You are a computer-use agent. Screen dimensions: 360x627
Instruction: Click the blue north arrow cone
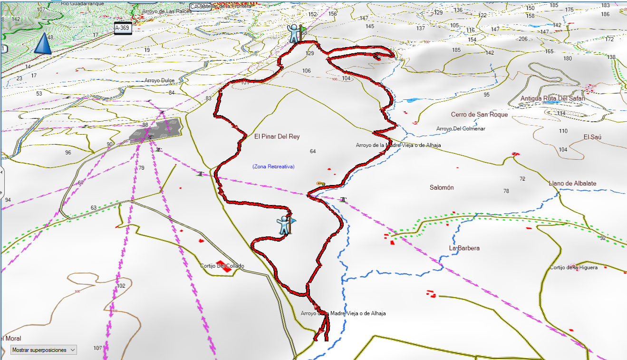tap(43, 43)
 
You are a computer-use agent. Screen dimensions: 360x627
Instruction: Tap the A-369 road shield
tap(122, 28)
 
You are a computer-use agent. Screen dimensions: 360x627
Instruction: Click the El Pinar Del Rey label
tap(277, 136)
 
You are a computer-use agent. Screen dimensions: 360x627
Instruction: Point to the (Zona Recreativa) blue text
tap(273, 166)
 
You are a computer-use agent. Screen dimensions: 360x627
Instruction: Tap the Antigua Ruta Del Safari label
tap(552, 98)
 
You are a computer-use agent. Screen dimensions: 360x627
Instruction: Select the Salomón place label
tap(442, 187)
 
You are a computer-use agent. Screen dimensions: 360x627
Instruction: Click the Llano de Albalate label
tap(572, 183)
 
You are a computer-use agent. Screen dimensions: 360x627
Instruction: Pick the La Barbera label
tap(464, 248)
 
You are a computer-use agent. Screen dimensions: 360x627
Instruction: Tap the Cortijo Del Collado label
tap(222, 266)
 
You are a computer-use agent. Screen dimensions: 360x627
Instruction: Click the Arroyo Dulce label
tap(159, 80)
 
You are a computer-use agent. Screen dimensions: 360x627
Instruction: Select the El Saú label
tap(592, 137)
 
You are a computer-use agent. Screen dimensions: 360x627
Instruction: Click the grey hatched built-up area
tap(156, 130)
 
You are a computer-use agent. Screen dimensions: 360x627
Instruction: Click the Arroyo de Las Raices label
tap(162, 10)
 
